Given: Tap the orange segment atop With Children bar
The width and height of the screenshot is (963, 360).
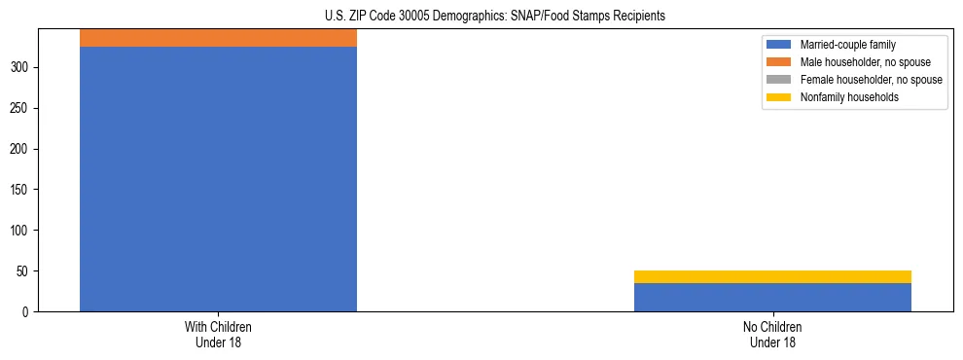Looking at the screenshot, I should (x=218, y=38).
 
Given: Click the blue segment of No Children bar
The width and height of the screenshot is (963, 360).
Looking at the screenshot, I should (x=772, y=298).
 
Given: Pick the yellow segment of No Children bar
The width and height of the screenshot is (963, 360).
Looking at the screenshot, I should (x=772, y=276).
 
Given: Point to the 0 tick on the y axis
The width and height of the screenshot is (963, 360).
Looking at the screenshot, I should (x=26, y=312).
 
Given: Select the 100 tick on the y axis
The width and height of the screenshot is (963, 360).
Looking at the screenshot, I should (x=20, y=231).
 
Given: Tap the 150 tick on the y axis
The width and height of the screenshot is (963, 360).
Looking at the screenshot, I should (x=20, y=190).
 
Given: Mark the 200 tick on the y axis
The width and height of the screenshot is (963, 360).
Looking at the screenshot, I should (x=20, y=149).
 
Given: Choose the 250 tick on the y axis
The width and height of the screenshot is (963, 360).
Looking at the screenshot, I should (x=20, y=108).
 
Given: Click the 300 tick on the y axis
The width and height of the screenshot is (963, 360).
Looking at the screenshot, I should (x=20, y=67).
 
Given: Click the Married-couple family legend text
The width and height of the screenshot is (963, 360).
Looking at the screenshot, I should (x=848, y=45).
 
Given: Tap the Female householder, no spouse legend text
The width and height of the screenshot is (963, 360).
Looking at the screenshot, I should (x=871, y=80).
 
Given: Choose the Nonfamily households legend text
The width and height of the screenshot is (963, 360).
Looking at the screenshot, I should (x=849, y=97).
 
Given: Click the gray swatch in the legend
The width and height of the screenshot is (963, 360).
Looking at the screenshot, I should (x=779, y=80).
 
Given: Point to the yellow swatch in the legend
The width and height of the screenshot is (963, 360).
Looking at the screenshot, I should (x=779, y=97).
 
